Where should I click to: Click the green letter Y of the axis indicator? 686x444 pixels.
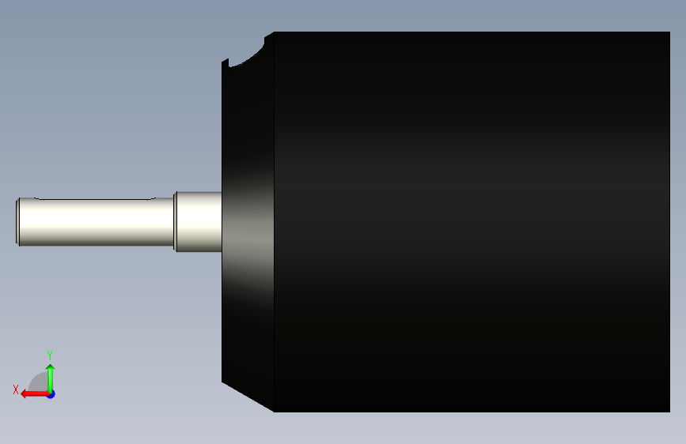(50, 356)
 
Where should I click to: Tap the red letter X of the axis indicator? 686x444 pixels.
(16, 389)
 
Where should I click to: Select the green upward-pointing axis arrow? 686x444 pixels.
(51, 378)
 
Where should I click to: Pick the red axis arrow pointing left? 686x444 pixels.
(35, 394)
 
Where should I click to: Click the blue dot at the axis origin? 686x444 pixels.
(51, 394)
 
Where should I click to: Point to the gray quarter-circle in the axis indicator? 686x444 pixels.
(39, 382)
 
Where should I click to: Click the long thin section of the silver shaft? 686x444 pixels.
(96, 221)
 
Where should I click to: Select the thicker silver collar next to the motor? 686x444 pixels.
(198, 221)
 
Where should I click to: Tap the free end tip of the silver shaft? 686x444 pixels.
(17, 221)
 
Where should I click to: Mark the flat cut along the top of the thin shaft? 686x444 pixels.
(96, 199)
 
